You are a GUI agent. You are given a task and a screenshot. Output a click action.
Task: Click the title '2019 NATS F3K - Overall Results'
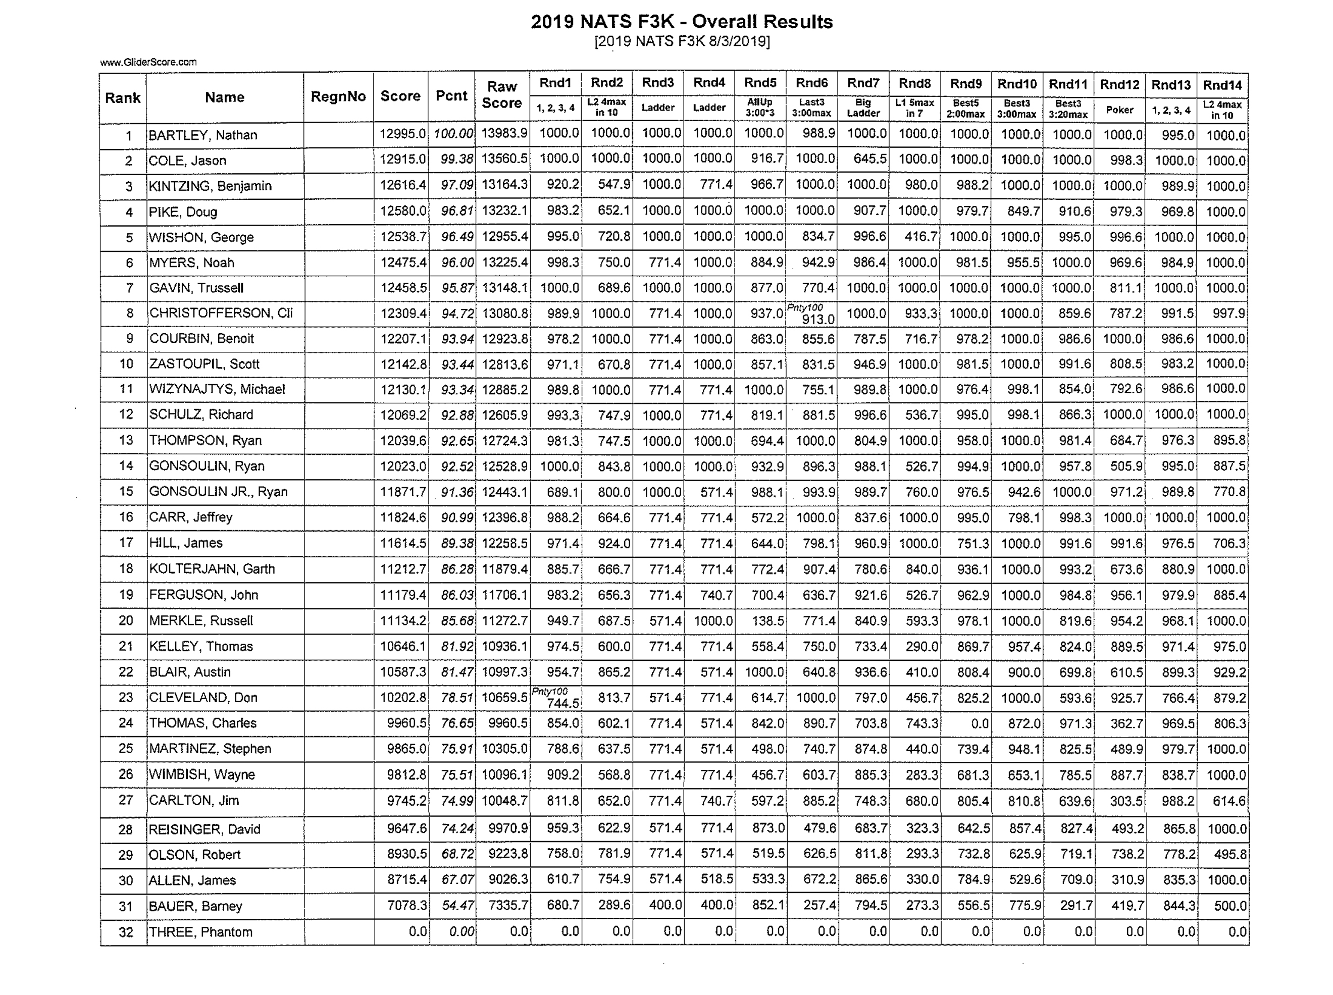681,22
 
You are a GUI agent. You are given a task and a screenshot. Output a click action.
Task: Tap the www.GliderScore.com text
148,62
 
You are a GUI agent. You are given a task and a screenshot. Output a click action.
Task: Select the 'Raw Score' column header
502,95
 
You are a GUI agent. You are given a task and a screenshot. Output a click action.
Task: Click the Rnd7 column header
863,82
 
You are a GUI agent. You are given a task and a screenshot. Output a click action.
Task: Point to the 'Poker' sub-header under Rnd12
1120,110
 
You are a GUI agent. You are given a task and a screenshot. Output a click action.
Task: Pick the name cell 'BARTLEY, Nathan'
203,135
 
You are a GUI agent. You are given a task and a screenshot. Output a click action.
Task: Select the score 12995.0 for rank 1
402,134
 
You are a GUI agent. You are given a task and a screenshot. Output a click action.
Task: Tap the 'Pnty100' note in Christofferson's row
804,307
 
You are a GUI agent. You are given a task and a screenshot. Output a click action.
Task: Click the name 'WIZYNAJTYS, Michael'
217,389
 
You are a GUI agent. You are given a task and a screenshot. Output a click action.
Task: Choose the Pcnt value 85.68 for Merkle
457,620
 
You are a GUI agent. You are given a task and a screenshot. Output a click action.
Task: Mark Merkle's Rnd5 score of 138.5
767,620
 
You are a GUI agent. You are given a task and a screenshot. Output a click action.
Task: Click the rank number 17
125,543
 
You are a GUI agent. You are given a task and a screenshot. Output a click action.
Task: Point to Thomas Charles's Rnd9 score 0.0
980,723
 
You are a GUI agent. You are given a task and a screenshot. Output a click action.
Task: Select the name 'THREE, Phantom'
200,932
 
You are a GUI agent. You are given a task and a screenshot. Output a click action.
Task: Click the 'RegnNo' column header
338,96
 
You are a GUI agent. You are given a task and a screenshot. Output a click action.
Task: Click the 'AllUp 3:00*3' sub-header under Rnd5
759,108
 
